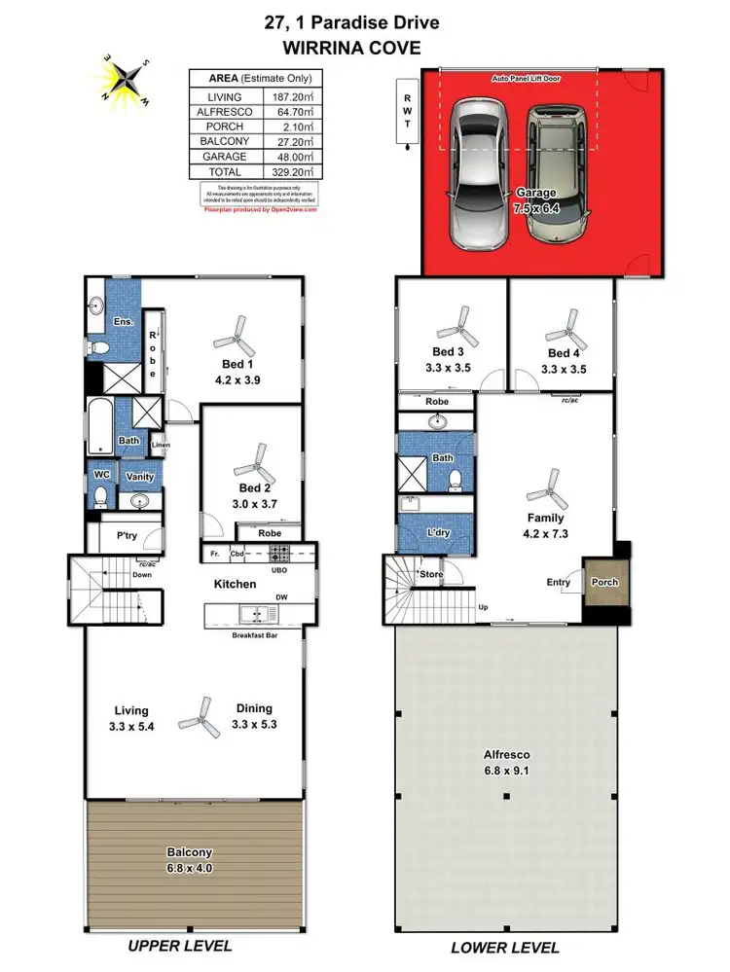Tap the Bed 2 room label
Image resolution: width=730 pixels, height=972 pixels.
click(255, 487)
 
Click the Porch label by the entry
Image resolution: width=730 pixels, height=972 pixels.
click(604, 582)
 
